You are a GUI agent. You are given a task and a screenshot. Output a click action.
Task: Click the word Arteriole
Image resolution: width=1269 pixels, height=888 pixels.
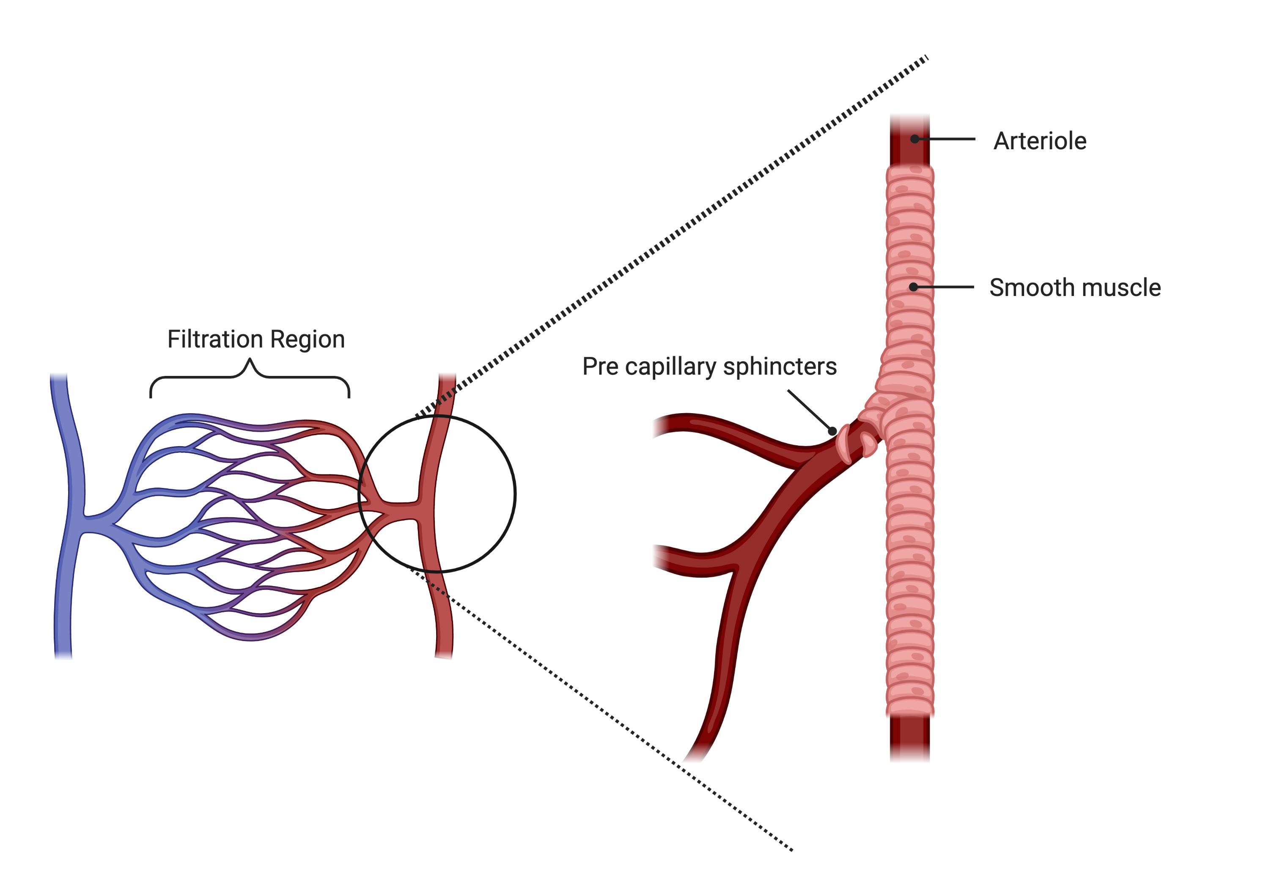(1040, 141)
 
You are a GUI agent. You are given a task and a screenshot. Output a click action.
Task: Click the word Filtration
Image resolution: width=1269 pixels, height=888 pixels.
(215, 339)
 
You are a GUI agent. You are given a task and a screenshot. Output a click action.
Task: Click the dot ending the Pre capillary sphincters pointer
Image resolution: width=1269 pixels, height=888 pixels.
(832, 431)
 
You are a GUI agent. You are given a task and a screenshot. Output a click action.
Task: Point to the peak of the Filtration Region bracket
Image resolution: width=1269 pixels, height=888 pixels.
(250, 359)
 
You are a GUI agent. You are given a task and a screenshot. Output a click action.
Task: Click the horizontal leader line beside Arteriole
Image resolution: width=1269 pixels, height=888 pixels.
(945, 139)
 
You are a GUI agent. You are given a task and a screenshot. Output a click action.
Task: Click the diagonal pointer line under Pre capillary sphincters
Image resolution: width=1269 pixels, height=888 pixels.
(810, 411)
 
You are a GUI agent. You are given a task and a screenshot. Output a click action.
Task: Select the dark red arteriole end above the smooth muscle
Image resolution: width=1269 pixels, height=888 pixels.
(910, 141)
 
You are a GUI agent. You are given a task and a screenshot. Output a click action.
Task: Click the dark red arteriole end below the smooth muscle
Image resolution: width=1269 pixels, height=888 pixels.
(910, 739)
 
